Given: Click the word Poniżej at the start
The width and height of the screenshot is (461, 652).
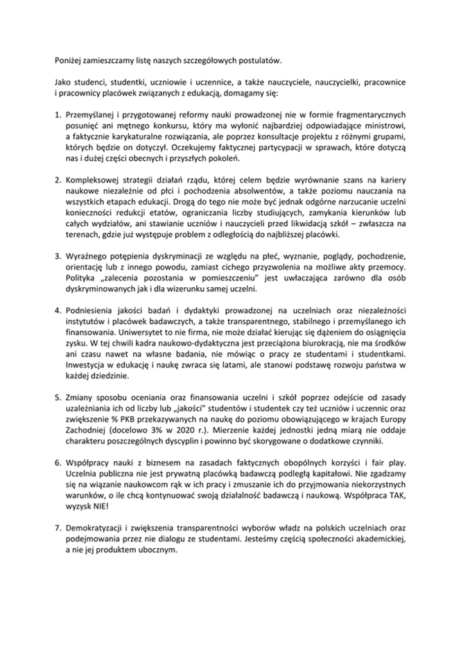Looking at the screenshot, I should [69, 62].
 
